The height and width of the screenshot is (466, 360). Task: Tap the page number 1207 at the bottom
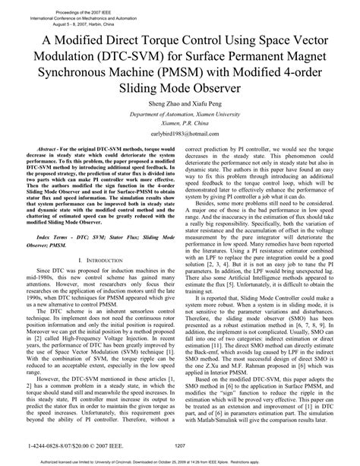180,445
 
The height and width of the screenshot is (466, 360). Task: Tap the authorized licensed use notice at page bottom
180,460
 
